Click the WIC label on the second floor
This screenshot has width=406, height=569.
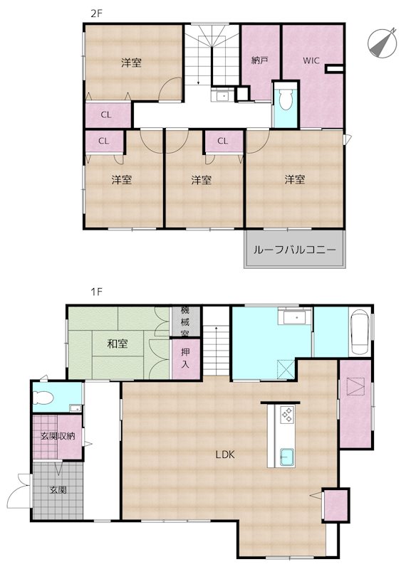pyautogui.click(x=311, y=60)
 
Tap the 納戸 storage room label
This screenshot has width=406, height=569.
pyautogui.click(x=259, y=60)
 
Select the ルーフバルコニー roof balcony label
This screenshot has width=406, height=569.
pyautogui.click(x=294, y=250)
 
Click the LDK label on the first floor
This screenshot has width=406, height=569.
pyautogui.click(x=225, y=454)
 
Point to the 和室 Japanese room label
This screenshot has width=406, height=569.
pyautogui.click(x=118, y=344)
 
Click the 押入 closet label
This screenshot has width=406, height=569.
pyautogui.click(x=185, y=358)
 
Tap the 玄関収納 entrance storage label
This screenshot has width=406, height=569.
pyautogui.click(x=58, y=435)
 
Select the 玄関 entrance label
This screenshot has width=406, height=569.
pyautogui.click(x=58, y=489)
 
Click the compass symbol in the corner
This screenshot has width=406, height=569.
pyautogui.click(x=382, y=43)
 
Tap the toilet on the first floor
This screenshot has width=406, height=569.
pyautogui.click(x=43, y=397)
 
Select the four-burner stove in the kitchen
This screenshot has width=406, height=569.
pyautogui.click(x=287, y=415)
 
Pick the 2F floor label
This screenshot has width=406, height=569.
pyautogui.click(x=97, y=14)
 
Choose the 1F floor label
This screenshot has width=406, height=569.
pyautogui.click(x=97, y=292)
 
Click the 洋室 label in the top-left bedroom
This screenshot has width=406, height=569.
pyautogui.click(x=131, y=63)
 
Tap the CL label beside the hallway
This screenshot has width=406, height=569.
pyautogui.click(x=105, y=115)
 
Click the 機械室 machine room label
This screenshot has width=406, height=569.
pyautogui.click(x=185, y=321)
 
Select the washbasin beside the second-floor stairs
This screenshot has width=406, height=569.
pyautogui.click(x=220, y=96)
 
